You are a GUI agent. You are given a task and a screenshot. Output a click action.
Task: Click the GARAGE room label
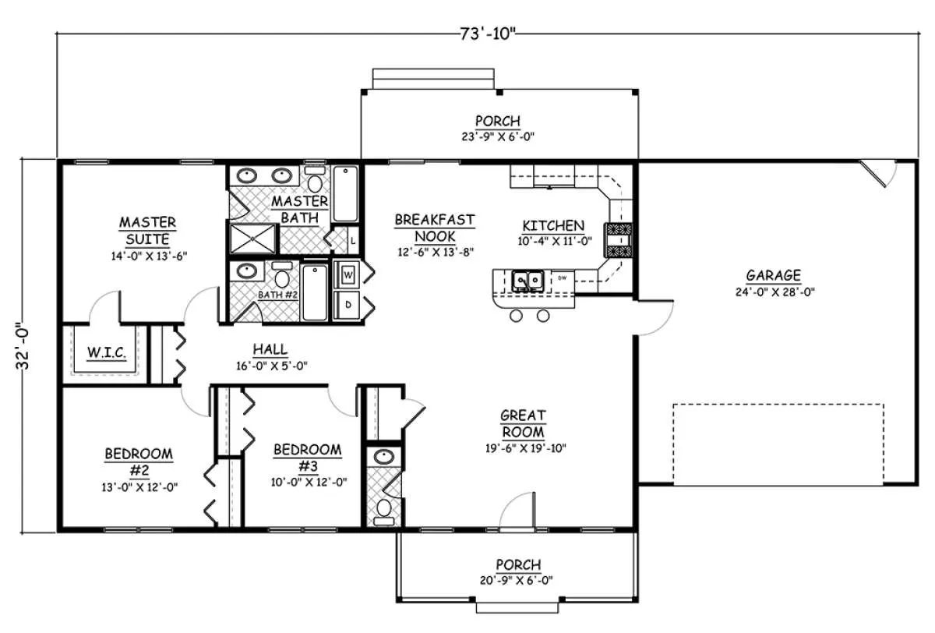774,275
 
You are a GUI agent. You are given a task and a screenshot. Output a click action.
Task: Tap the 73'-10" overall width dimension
488,34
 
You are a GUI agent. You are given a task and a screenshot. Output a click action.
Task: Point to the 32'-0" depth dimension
23,345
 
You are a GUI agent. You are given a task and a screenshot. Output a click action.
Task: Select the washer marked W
348,274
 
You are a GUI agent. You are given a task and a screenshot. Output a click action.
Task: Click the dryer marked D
348,305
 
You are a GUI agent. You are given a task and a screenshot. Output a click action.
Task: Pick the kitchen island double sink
528,281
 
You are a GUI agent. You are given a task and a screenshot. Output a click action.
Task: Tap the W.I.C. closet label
107,353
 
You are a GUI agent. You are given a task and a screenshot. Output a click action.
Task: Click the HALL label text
270,349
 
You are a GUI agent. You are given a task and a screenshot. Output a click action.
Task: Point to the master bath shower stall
253,239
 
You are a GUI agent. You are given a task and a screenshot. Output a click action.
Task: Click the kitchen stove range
618,240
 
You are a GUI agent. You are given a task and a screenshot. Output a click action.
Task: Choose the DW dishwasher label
562,278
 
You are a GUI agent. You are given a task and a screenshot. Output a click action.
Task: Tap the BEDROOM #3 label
308,458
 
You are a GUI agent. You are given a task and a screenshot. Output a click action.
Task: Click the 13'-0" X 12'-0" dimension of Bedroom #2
139,487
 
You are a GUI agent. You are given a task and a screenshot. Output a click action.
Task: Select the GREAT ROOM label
523,423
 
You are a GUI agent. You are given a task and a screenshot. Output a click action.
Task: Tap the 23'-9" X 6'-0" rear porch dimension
498,136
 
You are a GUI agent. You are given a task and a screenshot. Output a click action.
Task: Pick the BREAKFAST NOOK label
435,228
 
